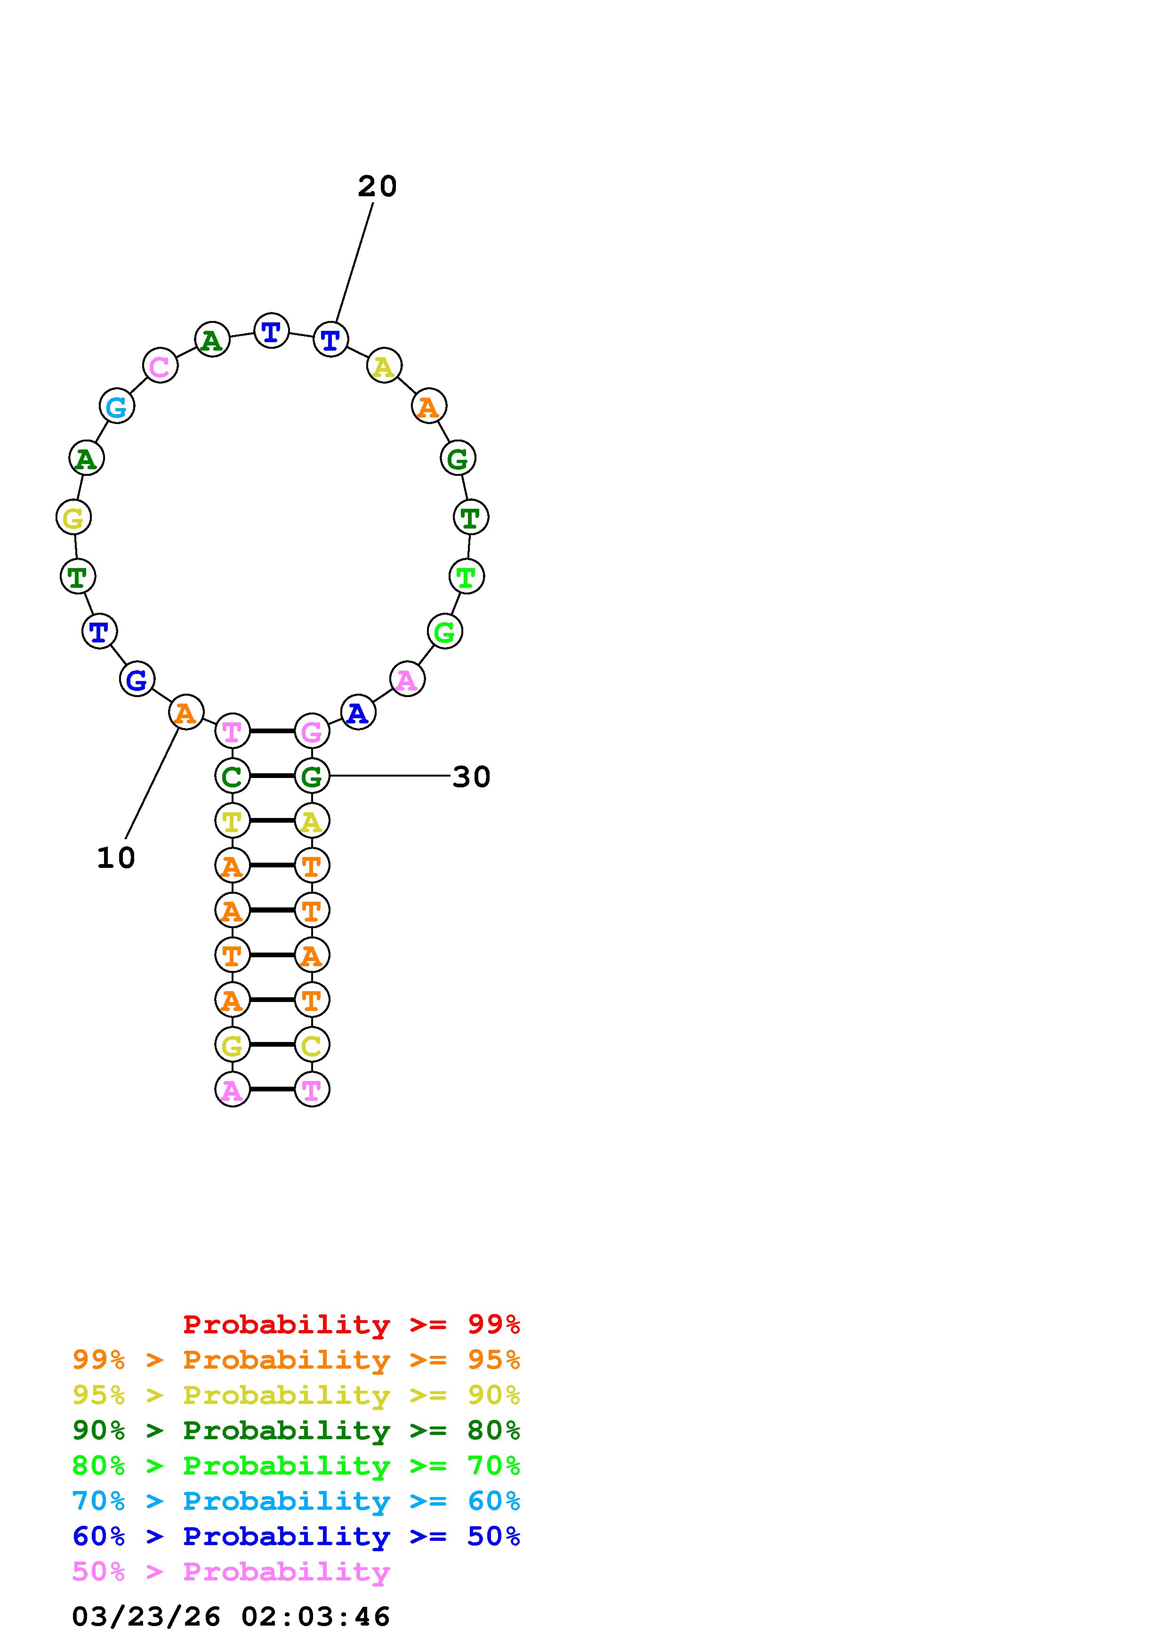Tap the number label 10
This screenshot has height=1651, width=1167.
coord(116,858)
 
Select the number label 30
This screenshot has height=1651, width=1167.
coord(471,777)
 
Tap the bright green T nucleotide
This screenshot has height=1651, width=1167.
coord(467,576)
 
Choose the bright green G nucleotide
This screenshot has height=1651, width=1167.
coord(445,631)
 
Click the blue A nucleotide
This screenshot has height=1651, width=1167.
coord(358,712)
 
